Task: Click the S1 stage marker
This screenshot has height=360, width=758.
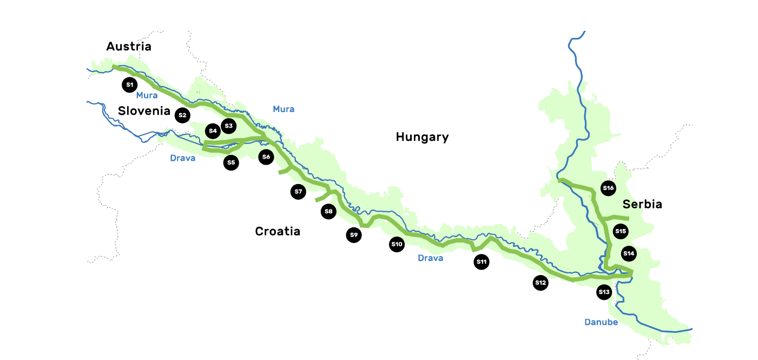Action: [x=129, y=84]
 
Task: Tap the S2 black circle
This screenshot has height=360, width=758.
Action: [x=182, y=115]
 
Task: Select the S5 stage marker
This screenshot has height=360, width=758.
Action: [x=231, y=162]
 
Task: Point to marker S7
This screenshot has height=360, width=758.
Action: [x=298, y=192]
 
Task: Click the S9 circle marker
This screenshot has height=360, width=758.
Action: [x=354, y=235]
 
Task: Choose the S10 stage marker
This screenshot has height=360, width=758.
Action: [x=397, y=244]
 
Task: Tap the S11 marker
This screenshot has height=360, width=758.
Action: [x=482, y=262]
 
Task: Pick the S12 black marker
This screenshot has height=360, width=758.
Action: [x=541, y=282]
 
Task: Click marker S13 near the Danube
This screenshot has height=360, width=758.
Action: [x=604, y=292]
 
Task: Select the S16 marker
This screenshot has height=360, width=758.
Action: [x=609, y=188]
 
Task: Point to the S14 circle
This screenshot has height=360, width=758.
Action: [x=628, y=253]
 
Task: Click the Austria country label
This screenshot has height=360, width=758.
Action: [x=129, y=47]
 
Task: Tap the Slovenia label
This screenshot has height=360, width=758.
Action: [x=144, y=112]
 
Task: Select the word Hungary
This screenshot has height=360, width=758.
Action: [x=422, y=137]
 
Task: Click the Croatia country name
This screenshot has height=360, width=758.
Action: [x=278, y=232]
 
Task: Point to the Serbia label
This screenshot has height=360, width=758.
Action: [x=642, y=205]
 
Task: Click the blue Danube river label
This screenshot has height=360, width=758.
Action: [x=601, y=322]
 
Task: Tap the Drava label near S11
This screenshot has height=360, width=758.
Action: [x=430, y=258]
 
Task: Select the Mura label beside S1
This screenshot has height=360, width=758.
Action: [x=147, y=95]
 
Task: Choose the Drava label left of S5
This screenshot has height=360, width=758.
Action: [x=182, y=159]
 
